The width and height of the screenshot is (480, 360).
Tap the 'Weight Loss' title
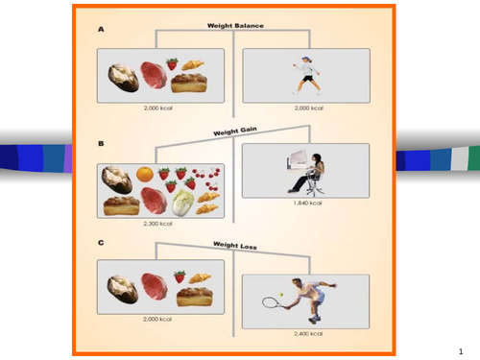235,245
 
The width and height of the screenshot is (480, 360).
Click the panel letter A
101,30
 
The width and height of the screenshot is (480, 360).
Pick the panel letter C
101,243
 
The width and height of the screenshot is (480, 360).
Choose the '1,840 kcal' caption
305,204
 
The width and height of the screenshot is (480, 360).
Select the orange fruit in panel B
144,175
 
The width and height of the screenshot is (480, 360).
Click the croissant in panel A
193,65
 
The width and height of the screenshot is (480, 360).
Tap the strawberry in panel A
173,64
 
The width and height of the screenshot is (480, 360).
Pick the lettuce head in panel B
182,202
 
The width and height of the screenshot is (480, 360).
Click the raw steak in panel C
151,286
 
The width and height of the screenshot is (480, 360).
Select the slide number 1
460,351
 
